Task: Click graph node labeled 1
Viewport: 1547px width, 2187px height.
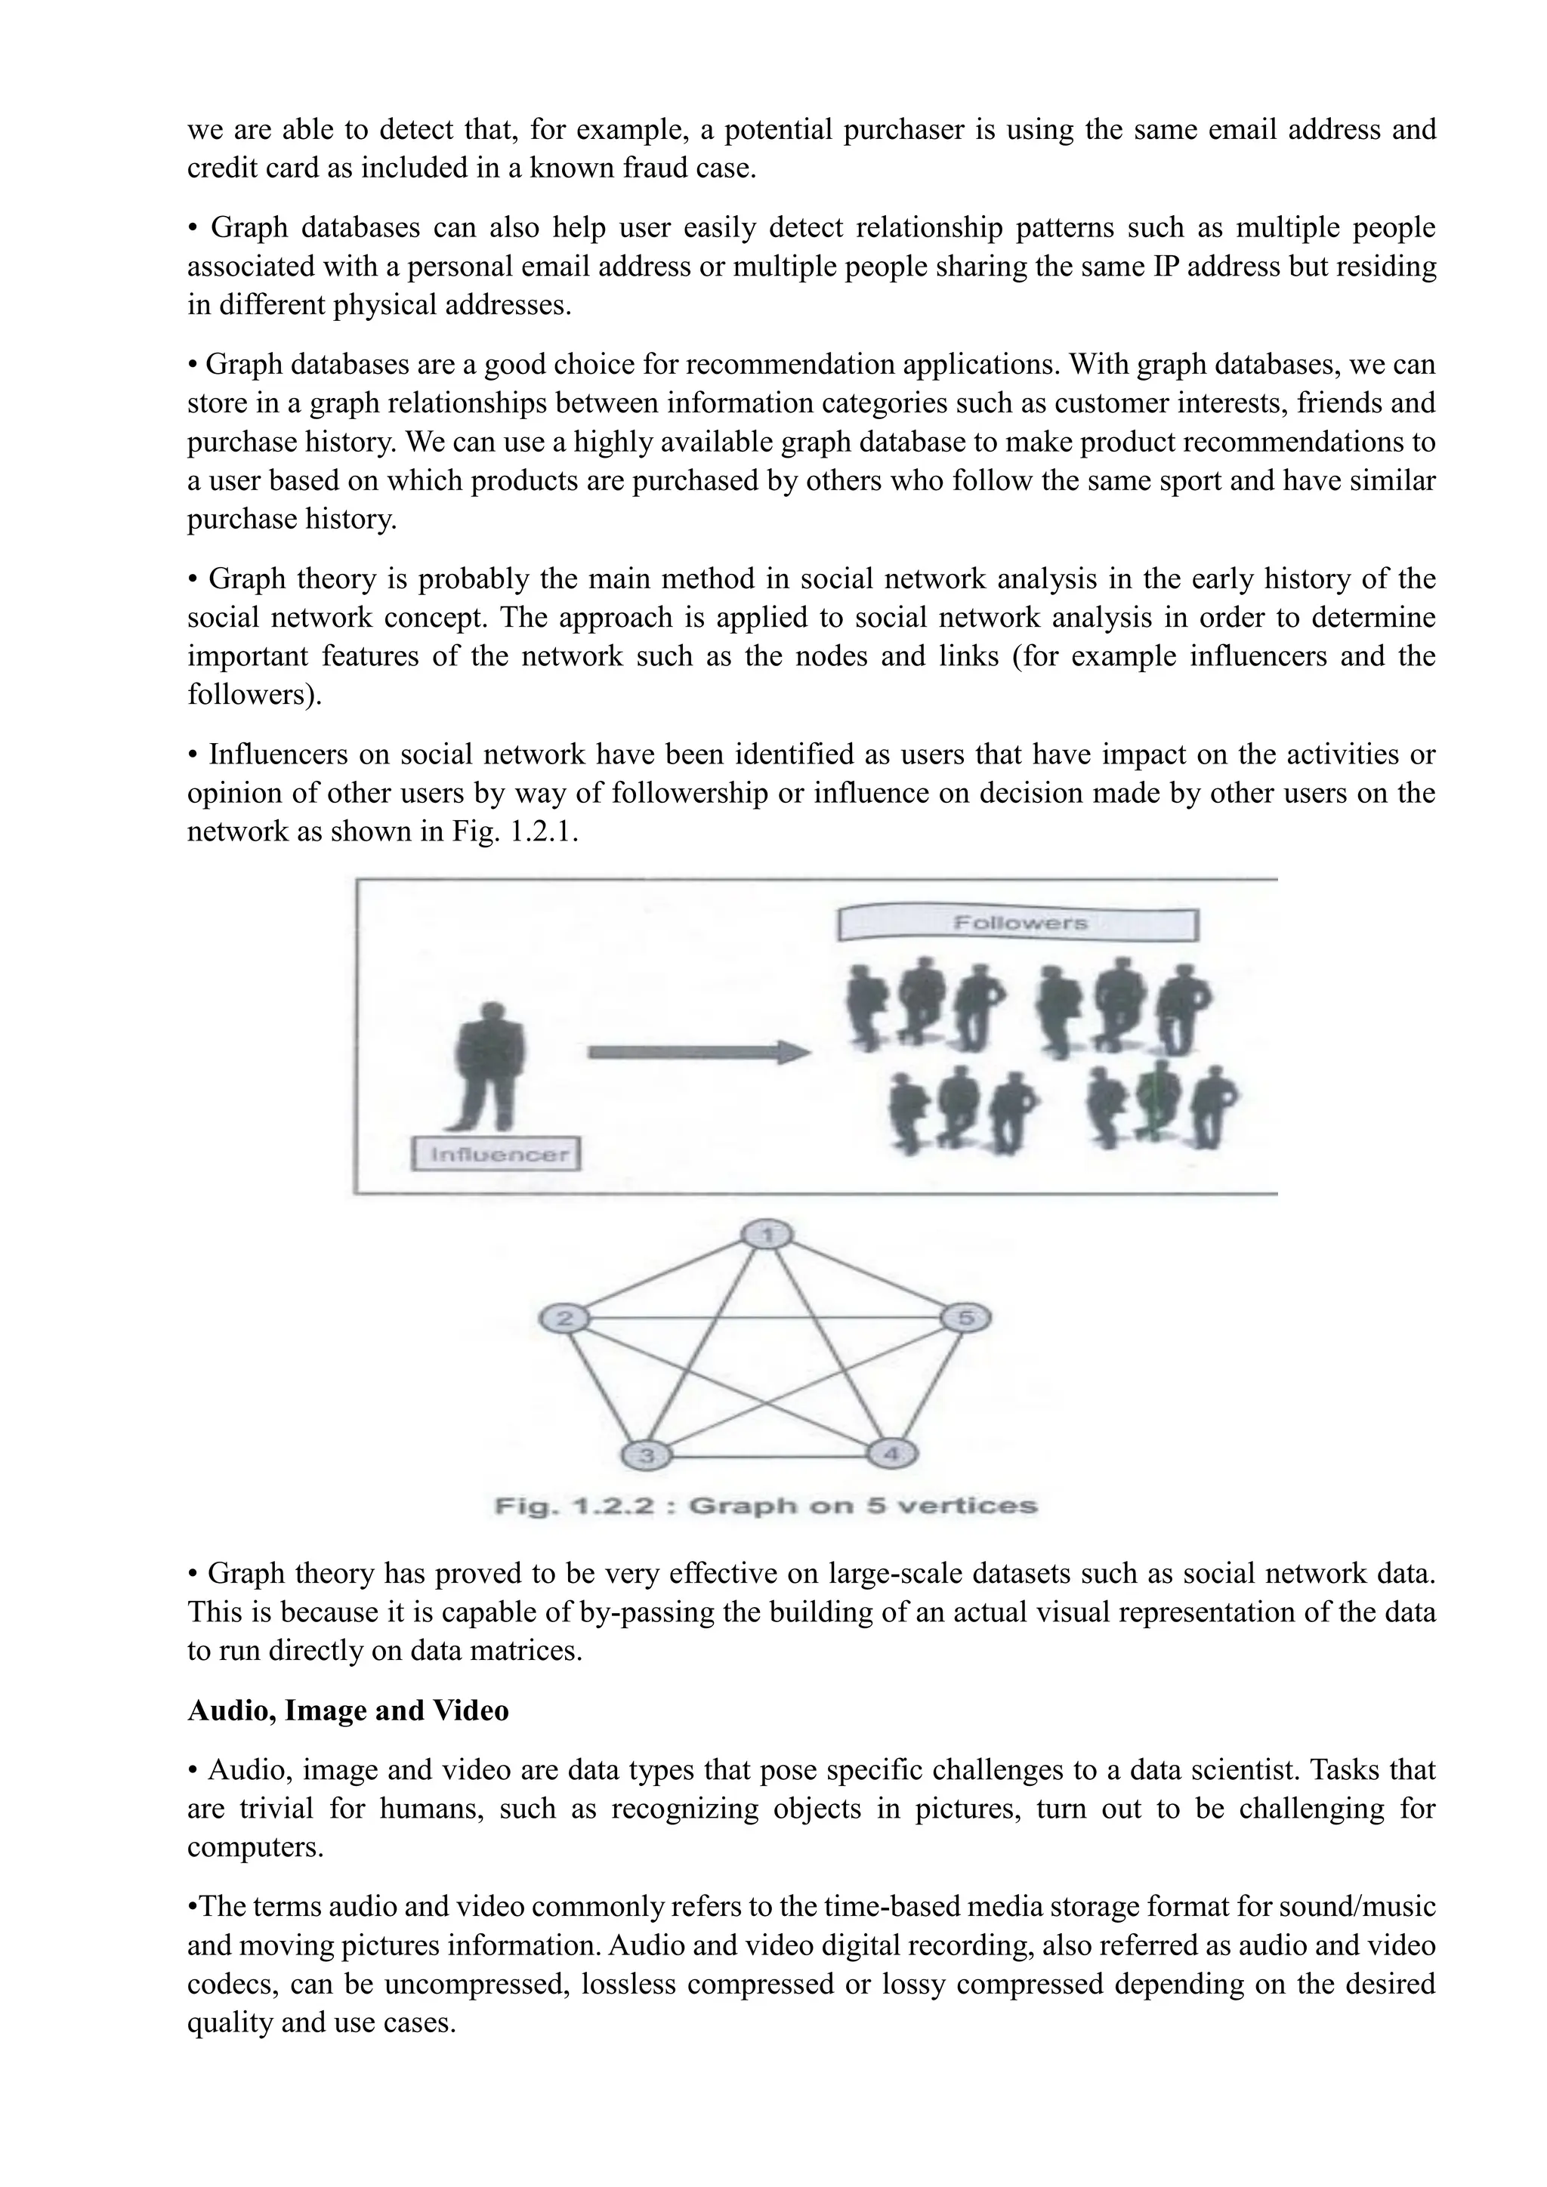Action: [767, 1235]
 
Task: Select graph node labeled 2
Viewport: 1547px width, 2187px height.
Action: [564, 1319]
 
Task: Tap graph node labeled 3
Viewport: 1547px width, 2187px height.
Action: [646, 1455]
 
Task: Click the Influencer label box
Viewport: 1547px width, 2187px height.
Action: [496, 1155]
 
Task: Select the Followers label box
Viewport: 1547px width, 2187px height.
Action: [1018, 924]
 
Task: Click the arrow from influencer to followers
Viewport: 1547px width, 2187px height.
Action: [698, 1053]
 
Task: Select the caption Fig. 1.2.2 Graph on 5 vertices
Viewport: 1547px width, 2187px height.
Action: [766, 1507]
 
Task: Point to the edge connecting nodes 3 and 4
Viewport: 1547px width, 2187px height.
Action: [769, 1457]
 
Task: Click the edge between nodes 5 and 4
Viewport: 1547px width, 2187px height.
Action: [930, 1386]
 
